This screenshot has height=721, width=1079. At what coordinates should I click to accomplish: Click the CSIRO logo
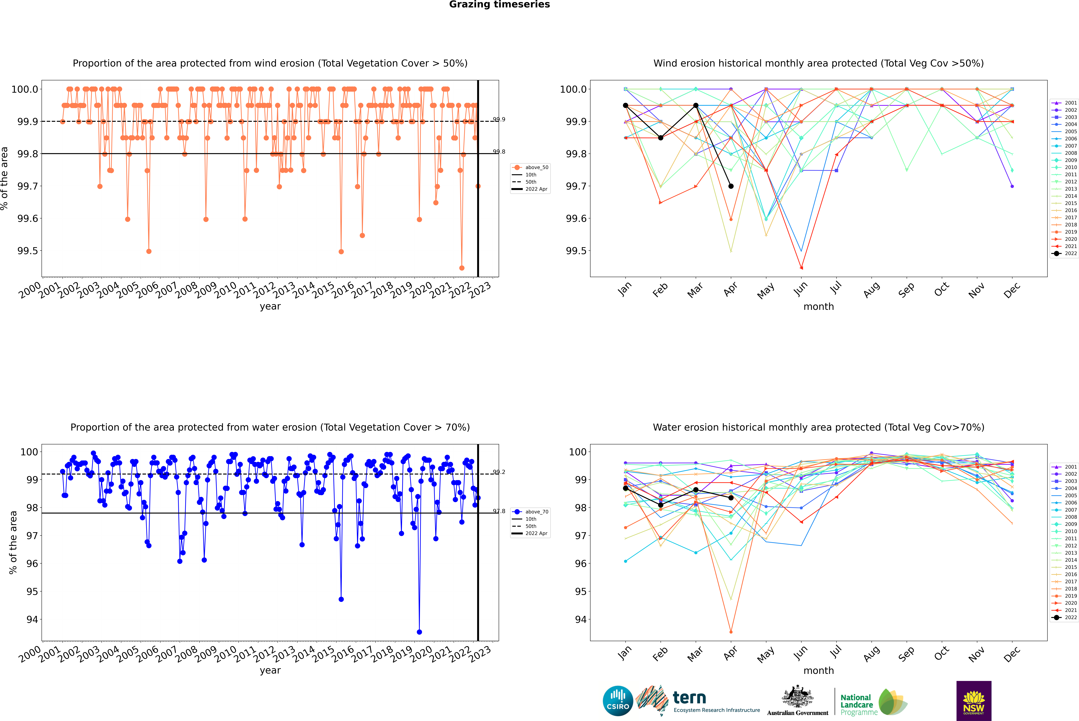pyautogui.click(x=618, y=701)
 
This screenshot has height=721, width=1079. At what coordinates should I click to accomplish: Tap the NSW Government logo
pyautogui.click(x=974, y=701)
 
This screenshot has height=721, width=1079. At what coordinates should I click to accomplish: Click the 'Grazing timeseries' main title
pyautogui.click(x=499, y=5)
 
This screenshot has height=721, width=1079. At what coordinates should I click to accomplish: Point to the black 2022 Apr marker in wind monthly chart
pyautogui.click(x=731, y=186)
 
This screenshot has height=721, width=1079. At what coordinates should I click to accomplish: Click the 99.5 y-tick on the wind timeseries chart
pyautogui.click(x=28, y=251)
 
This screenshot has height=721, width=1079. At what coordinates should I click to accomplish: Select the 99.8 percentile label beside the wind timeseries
pyautogui.click(x=499, y=152)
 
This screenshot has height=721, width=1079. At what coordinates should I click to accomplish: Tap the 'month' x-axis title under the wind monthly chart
pyautogui.click(x=819, y=307)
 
